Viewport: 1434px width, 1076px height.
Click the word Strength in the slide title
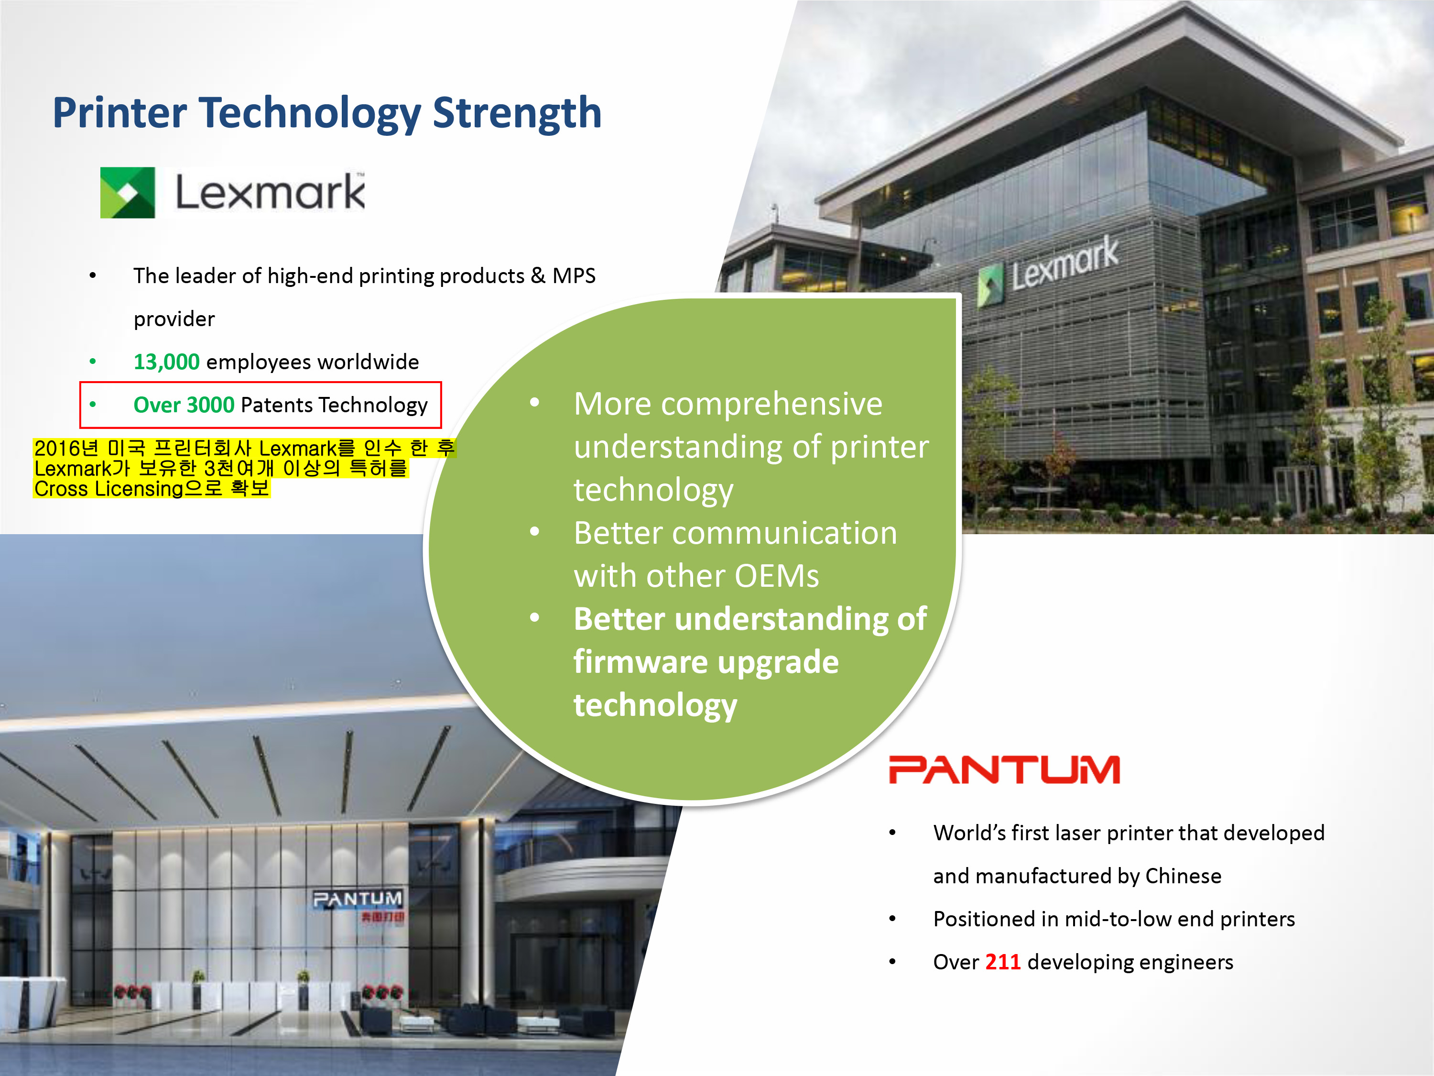pos(517,113)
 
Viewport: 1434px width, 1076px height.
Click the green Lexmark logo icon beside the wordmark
pos(128,193)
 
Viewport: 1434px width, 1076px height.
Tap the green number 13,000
pos(167,362)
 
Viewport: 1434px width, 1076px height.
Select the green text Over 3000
pos(184,405)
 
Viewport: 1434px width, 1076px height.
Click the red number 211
pos(1003,962)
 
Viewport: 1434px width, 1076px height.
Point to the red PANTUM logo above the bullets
pos(1004,770)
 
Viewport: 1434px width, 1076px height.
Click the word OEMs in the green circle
pos(777,576)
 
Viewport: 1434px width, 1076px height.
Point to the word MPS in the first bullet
pos(574,275)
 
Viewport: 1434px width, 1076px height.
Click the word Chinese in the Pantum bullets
pos(1183,876)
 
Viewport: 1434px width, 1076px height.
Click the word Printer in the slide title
pos(120,113)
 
